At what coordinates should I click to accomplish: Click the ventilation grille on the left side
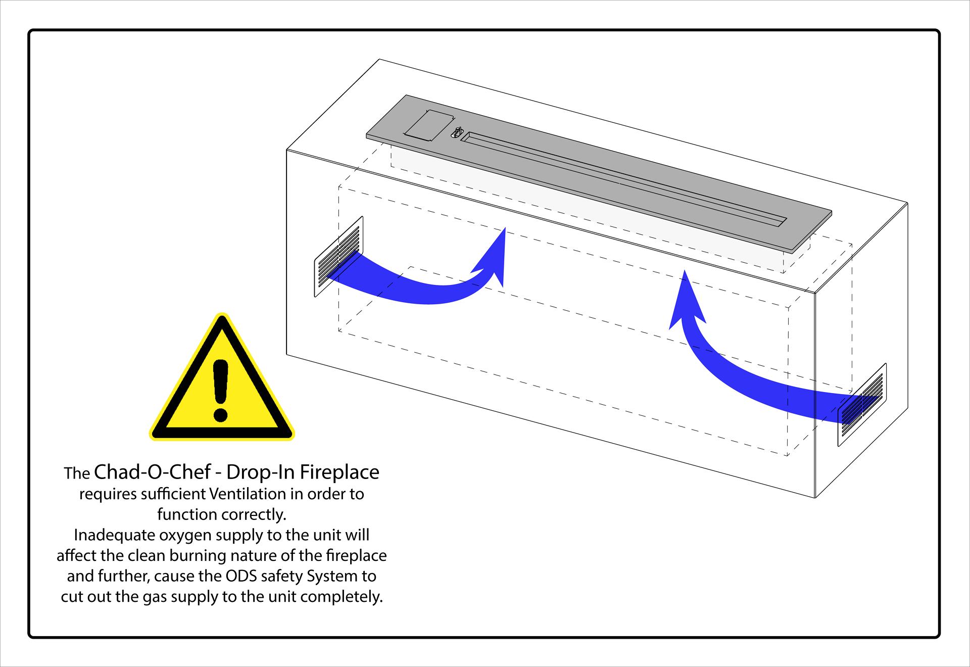pos(338,257)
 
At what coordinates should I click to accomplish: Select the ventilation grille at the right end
pos(862,404)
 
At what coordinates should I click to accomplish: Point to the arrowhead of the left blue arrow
pos(493,255)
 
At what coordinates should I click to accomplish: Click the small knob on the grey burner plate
pos(458,132)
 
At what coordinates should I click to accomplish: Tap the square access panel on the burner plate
pos(429,125)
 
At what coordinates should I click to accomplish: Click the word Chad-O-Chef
pos(152,472)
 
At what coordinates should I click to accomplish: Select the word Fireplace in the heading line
pos(339,472)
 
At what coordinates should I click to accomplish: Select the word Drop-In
pos(260,472)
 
